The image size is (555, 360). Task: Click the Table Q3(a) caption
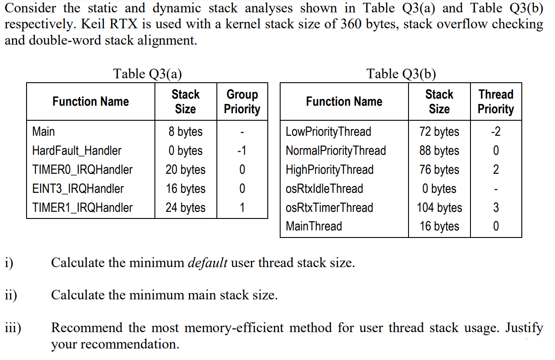[147, 73]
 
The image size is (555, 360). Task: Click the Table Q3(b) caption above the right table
[401, 73]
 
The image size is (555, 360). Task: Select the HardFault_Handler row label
[76, 151]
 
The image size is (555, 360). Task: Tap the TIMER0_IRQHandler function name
[82, 170]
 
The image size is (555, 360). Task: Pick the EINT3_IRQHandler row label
[78, 189]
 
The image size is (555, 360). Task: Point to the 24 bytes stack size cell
[185, 208]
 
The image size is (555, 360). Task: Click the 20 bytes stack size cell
[185, 170]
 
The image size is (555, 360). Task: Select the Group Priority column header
[242, 102]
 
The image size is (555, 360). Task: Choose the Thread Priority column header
[496, 102]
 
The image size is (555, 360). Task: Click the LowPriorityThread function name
[328, 132]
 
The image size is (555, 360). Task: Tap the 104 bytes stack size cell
[439, 208]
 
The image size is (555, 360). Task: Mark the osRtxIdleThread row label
[324, 189]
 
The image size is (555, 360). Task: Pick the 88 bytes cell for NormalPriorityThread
[439, 151]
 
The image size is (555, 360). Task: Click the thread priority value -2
[496, 132]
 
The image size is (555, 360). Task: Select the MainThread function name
[314, 226]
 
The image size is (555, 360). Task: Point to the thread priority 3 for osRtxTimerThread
[496, 208]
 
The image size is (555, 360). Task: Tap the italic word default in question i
[208, 263]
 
